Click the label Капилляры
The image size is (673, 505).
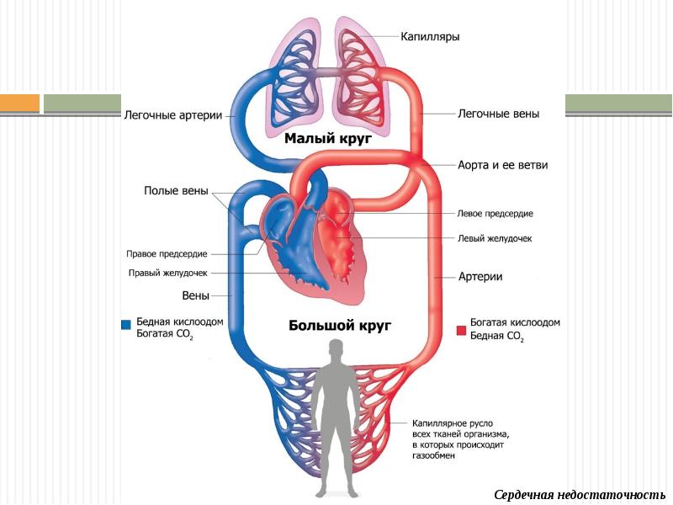(x=429, y=36)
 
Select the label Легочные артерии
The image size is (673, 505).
(x=173, y=115)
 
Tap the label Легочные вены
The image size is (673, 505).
(x=499, y=114)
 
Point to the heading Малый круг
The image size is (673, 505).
(x=328, y=138)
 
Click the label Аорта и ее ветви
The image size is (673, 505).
(x=503, y=165)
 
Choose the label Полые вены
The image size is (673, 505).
(x=176, y=191)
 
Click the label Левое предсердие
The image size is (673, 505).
(x=495, y=214)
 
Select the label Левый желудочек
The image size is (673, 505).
(x=495, y=238)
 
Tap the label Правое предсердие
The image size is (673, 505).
(x=167, y=253)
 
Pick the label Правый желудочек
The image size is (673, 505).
(x=167, y=273)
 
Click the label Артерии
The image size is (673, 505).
(x=480, y=276)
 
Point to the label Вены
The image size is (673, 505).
(x=196, y=295)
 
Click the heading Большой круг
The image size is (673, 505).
(x=341, y=325)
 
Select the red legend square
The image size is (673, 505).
(x=461, y=330)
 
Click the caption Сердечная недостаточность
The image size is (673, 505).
(x=580, y=494)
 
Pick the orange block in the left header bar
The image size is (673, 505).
(x=19, y=104)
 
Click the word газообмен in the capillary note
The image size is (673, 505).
(x=433, y=455)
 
